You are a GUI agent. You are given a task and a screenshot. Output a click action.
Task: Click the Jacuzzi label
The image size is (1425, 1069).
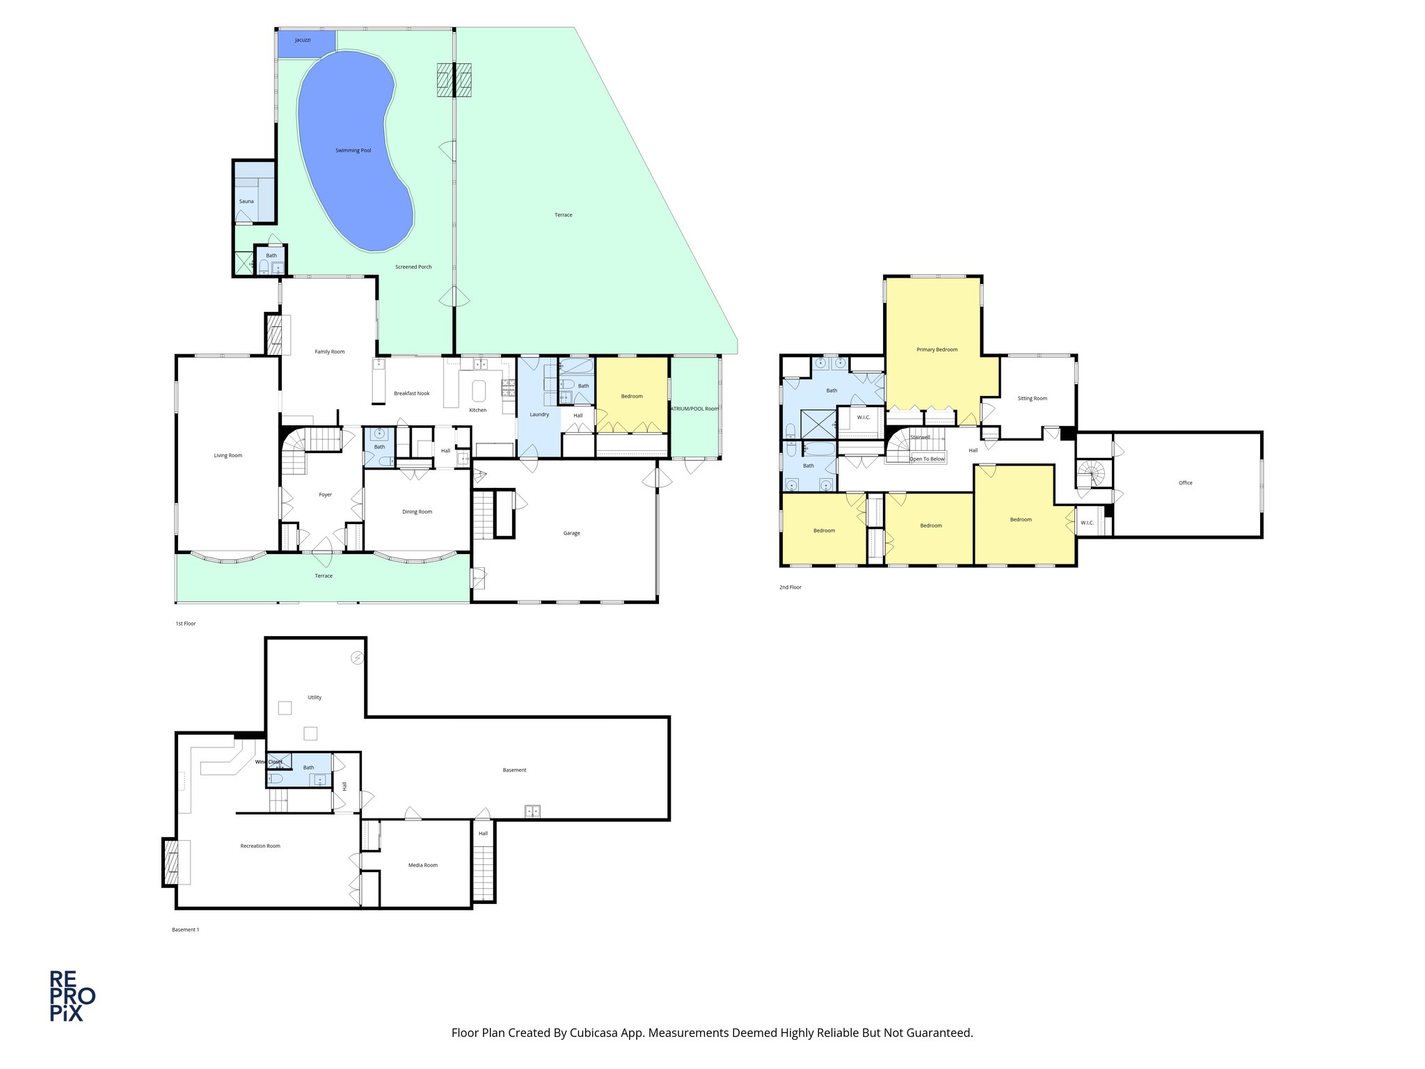click(x=303, y=40)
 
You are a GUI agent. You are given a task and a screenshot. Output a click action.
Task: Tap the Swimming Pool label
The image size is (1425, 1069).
click(x=353, y=150)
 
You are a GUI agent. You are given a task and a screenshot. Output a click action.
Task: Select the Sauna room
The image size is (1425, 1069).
click(x=246, y=201)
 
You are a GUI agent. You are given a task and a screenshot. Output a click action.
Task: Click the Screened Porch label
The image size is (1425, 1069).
click(x=413, y=267)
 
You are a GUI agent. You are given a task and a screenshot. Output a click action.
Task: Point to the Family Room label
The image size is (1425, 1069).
click(x=329, y=351)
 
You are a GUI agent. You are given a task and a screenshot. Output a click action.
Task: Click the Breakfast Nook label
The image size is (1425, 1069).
click(x=411, y=393)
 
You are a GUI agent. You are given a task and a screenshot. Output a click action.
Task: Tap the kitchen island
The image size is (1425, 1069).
click(x=479, y=390)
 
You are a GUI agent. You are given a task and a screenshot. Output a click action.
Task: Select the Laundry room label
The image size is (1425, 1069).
click(x=539, y=414)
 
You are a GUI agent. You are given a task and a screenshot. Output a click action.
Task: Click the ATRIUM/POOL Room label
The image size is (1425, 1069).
click(x=694, y=409)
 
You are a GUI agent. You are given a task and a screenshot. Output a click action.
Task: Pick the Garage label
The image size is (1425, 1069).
click(x=571, y=533)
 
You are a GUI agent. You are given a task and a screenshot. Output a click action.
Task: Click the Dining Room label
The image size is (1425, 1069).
click(x=417, y=512)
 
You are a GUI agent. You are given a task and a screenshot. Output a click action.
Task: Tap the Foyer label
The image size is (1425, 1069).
click(x=325, y=495)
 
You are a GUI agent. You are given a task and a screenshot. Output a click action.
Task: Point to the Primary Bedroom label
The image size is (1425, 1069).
click(x=937, y=349)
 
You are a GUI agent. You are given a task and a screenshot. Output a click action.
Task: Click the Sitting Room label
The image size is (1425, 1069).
click(x=1032, y=398)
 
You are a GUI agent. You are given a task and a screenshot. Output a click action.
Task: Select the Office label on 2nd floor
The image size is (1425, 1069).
click(x=1185, y=482)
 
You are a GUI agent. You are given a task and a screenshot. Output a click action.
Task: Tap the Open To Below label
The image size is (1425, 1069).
click(x=927, y=459)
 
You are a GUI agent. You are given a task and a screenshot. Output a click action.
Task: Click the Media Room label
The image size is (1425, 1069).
click(x=422, y=865)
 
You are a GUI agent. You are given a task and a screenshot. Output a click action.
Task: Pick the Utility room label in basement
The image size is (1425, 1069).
click(x=315, y=697)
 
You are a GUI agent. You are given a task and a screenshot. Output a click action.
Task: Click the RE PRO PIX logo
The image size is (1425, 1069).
click(x=72, y=996)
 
